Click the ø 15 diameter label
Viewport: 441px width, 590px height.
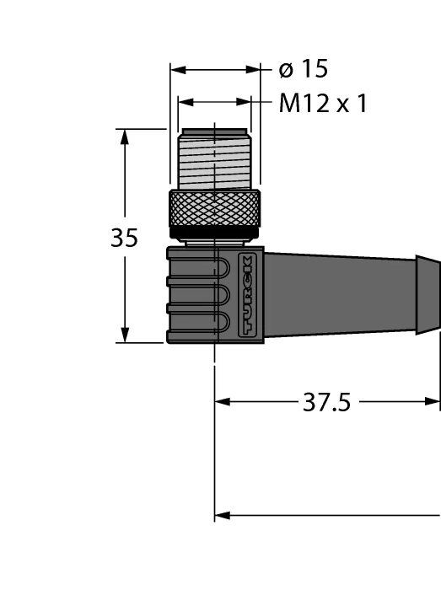coord(304,69)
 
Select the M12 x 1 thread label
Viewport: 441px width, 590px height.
coord(323,103)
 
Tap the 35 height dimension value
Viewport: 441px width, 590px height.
coord(124,238)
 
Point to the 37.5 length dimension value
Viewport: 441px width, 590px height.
coord(326,402)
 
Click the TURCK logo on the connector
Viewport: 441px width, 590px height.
coord(247,295)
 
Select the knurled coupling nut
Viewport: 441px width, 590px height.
coord(214,209)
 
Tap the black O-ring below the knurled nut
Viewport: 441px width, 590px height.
coord(214,233)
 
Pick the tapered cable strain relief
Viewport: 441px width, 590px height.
coord(340,295)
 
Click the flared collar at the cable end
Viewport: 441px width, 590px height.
coord(428,295)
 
